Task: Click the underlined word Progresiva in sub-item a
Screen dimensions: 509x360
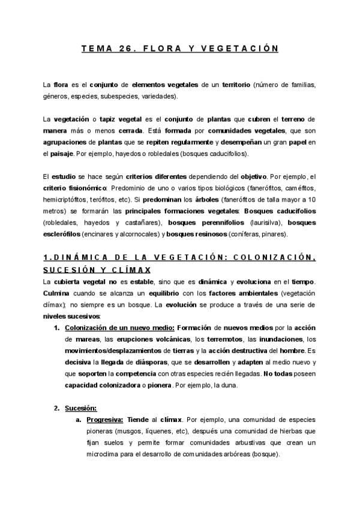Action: point(105,420)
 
